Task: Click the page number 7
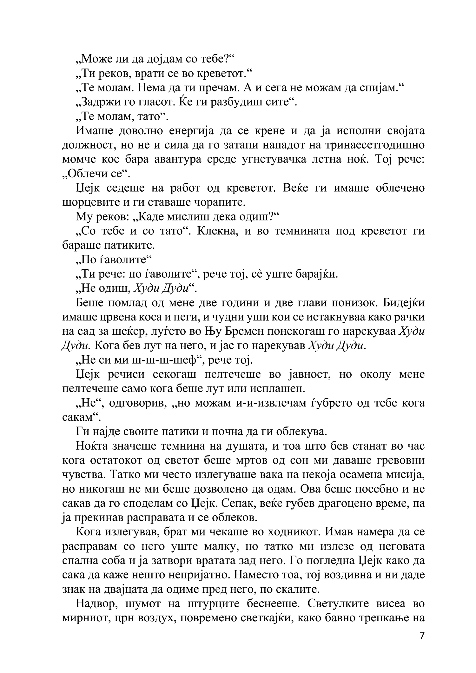422,635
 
